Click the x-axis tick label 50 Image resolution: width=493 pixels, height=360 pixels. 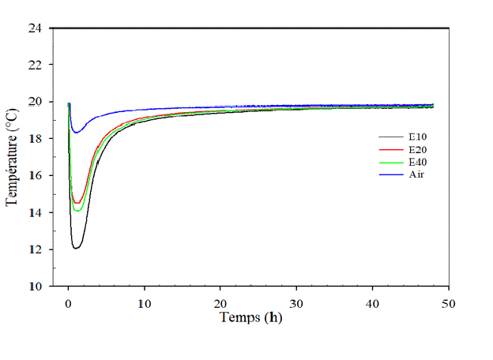coord(449,302)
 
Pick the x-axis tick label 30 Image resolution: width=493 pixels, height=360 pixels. coord(296,302)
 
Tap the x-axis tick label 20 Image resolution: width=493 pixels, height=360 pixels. coord(220,302)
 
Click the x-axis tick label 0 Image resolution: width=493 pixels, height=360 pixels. coord(68,302)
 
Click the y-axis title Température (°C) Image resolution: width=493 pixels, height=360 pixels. coord(12,158)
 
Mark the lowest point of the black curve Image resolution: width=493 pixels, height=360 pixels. coord(77,248)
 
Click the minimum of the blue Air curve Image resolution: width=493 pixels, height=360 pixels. coord(75,132)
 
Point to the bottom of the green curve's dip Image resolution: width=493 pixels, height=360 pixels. coord(77,211)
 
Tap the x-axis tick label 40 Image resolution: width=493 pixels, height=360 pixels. coord(373,302)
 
